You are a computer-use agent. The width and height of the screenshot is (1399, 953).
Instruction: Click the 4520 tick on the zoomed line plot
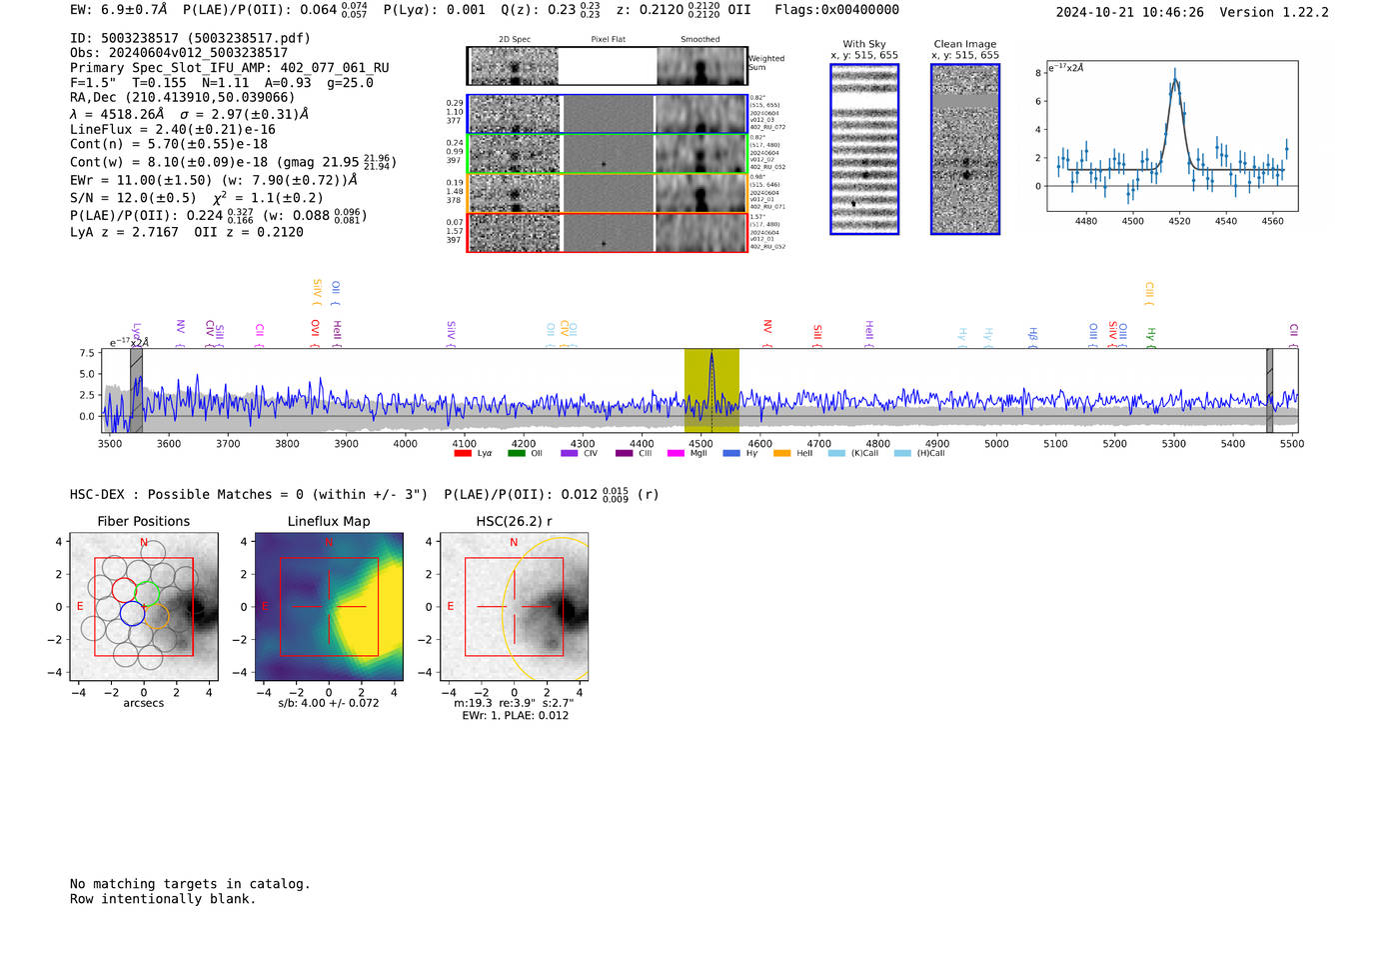coord(1179,221)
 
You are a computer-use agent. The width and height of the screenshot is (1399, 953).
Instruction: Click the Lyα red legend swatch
coord(463,454)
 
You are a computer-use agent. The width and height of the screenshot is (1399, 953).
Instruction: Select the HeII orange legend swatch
coord(781,454)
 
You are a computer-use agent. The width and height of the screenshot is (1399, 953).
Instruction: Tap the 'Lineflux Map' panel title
coord(329,521)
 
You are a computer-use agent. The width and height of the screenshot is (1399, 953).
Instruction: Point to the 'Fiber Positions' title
coord(143,521)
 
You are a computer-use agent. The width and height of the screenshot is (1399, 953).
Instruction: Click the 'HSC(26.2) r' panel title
coord(514,521)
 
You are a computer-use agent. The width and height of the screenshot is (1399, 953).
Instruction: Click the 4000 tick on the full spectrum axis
coord(405,443)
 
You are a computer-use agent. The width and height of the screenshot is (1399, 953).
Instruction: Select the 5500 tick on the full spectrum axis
coord(1291,443)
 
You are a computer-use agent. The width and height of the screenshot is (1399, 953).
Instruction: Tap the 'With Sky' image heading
coord(863,44)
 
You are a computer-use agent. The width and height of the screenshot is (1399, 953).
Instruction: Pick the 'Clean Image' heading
coord(964,44)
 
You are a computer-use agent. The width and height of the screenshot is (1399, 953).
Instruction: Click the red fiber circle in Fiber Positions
coord(124,590)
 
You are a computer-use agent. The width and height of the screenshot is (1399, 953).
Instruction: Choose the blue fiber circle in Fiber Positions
coord(131,613)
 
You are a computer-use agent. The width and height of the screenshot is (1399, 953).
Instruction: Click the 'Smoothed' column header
coord(699,40)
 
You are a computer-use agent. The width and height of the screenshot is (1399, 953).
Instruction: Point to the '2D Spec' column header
coord(515,40)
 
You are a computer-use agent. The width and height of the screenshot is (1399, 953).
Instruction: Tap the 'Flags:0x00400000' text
coord(836,10)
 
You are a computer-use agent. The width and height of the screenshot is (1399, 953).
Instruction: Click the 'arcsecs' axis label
coord(143,703)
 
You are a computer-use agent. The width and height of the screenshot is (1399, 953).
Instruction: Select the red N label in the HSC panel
coord(514,542)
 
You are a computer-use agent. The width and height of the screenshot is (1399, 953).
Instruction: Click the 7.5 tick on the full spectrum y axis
coord(87,353)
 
